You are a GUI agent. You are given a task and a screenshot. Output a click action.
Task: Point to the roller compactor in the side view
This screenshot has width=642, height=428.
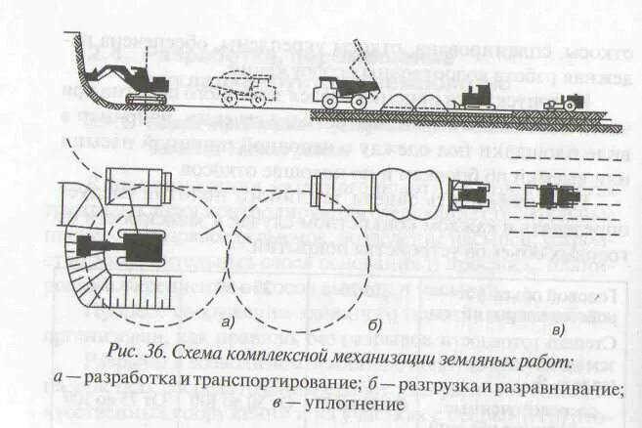(x=564, y=100)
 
